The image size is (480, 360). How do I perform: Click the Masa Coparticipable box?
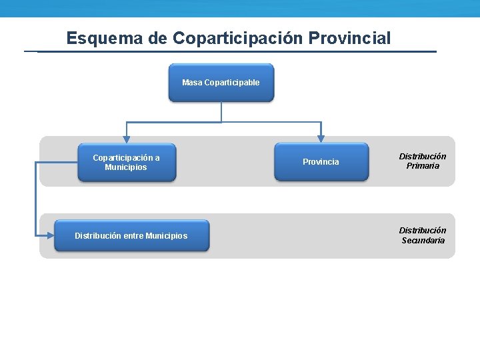click(x=221, y=83)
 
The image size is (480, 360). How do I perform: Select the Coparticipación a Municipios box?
click(x=127, y=162)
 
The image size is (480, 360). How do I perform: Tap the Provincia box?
click(x=321, y=162)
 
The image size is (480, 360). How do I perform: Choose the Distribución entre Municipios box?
click(x=131, y=235)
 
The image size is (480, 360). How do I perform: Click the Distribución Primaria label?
click(x=423, y=161)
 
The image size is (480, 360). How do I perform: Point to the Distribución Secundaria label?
click(x=423, y=235)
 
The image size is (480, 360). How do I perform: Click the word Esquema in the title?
click(x=105, y=38)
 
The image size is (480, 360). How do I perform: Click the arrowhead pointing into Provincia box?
click(x=321, y=139)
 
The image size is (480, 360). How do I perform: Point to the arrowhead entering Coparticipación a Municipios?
click(x=127, y=139)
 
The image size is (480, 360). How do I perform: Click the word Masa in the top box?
click(x=192, y=83)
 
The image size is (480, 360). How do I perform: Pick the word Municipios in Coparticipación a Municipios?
click(x=126, y=167)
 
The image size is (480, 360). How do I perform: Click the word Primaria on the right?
click(x=423, y=166)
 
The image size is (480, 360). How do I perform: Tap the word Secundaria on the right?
click(x=423, y=241)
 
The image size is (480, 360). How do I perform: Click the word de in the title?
click(x=158, y=38)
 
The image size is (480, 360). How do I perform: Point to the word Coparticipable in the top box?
click(x=232, y=83)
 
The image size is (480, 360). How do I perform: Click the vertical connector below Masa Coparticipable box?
click(x=221, y=112)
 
